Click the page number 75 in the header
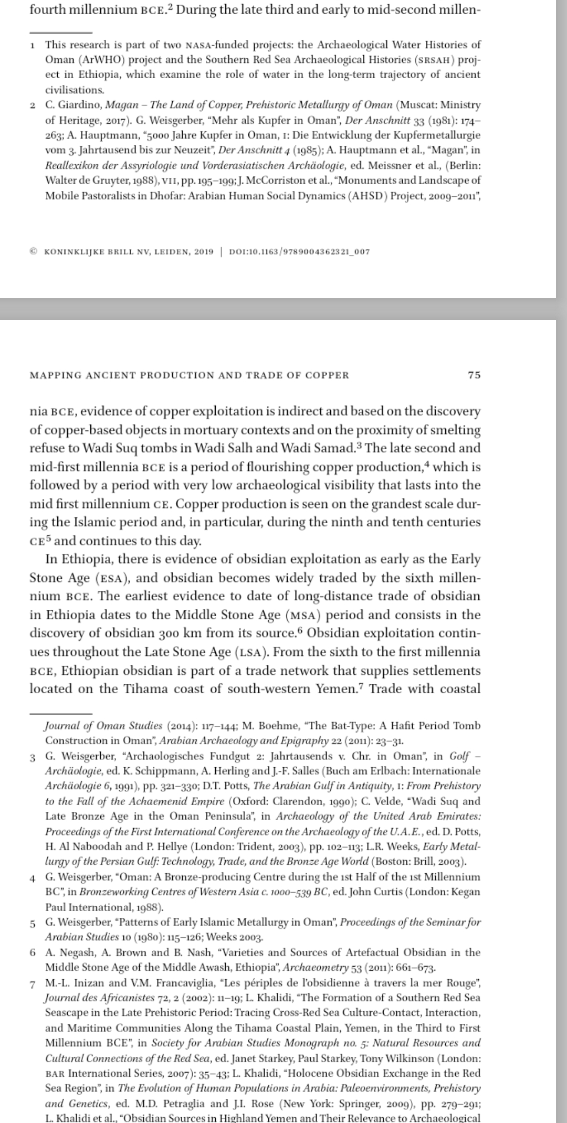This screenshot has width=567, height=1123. tap(474, 375)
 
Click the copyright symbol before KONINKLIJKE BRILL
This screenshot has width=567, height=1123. tap(34, 251)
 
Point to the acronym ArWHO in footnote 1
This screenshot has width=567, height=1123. tap(94, 60)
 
